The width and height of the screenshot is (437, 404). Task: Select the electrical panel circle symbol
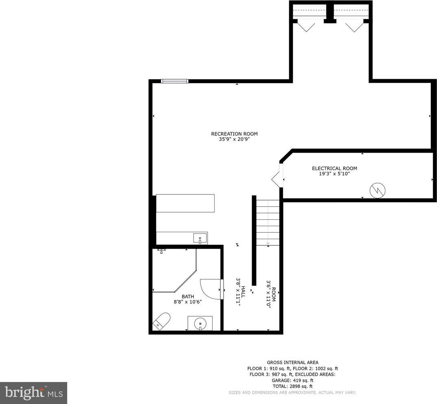coord(377,190)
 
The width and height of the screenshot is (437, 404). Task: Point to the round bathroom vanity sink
coord(200,324)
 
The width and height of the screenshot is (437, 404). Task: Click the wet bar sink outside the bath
coord(200,239)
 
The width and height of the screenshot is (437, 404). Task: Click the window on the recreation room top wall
coord(175,81)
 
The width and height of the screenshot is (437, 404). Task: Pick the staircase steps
coord(268,223)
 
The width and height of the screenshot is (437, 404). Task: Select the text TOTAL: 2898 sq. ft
coord(293,386)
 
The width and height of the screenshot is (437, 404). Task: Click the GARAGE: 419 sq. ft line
coord(293,380)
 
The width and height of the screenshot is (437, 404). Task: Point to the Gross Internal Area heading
coord(293,363)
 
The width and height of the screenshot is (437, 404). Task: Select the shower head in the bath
coord(161,251)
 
